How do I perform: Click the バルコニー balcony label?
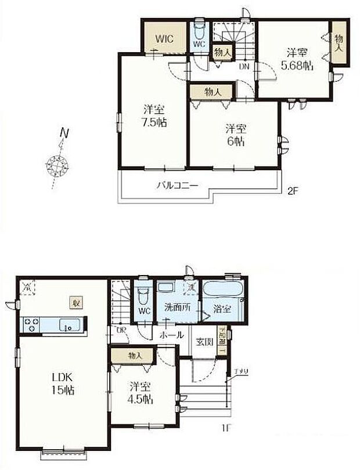tap(178, 186)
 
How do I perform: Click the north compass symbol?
tap(58, 165)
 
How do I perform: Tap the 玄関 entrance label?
tap(203, 342)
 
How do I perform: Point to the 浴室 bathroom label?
tap(221, 309)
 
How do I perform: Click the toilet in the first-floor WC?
tap(143, 297)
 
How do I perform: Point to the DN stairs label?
tap(244, 66)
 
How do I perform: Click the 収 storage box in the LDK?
tap(76, 302)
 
